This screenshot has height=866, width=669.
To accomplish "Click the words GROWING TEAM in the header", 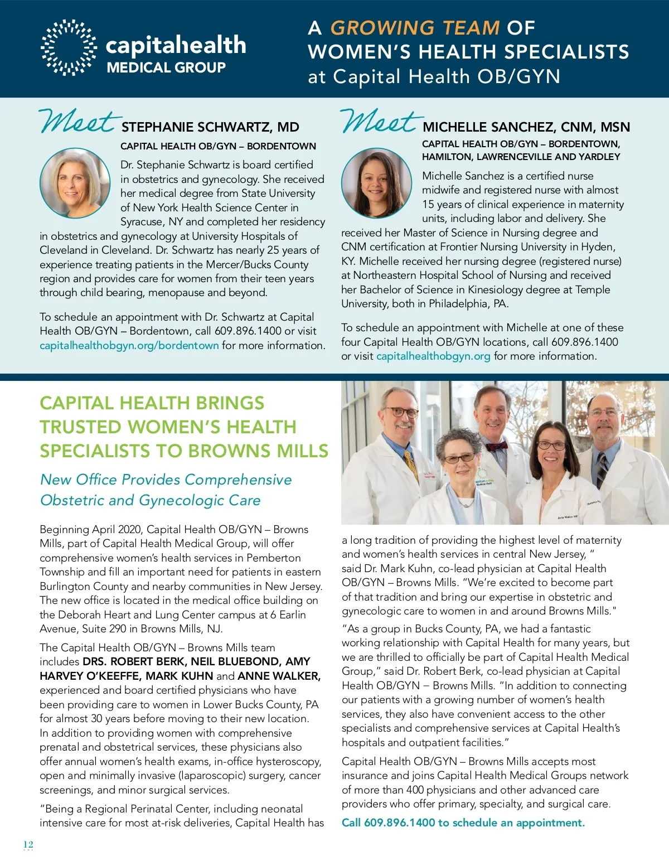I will coord(415,27).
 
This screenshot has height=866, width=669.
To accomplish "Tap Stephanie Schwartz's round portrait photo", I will coord(75,183).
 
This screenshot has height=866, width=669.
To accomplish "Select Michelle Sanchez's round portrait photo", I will coord(376,183).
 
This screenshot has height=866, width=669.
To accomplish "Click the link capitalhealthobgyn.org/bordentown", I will coord(129,345).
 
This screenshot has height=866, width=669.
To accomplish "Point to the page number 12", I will coord(28,844).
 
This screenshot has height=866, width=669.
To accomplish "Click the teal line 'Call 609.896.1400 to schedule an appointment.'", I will coord(463,823).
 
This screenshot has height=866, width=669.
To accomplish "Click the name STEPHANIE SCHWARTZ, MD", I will coord(210,127).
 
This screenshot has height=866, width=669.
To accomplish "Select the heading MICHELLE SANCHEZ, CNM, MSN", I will coord(526,127).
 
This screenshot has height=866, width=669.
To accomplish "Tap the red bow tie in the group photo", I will coord(496,446).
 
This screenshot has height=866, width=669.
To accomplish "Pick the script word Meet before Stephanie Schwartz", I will coord(78,121).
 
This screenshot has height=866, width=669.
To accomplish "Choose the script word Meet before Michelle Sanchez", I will coord(379,121).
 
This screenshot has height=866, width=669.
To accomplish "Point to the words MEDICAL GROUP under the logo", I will coord(166,68).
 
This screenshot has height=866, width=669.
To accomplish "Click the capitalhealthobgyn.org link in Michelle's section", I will coord(433,356).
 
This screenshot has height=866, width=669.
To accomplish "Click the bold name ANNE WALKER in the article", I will coord(279,676).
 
